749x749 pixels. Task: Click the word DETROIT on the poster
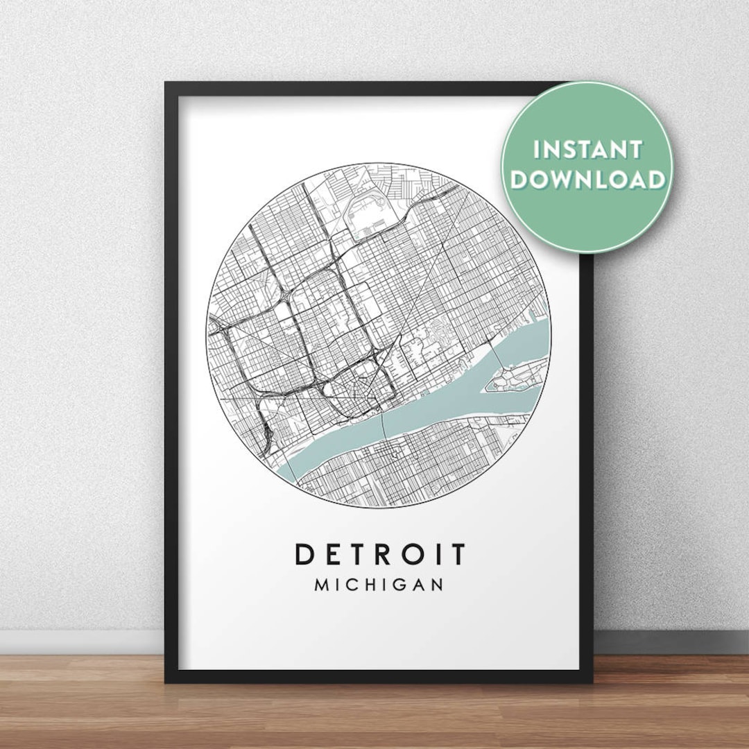pos(381,554)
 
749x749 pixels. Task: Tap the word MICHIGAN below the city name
pos(379,585)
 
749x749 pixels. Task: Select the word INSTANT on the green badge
pos(587,150)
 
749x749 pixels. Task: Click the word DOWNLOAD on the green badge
pos(587,180)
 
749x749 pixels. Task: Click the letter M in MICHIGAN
pos(323,585)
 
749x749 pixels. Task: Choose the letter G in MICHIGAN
pos(397,585)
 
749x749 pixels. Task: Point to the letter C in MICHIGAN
pos(354,585)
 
